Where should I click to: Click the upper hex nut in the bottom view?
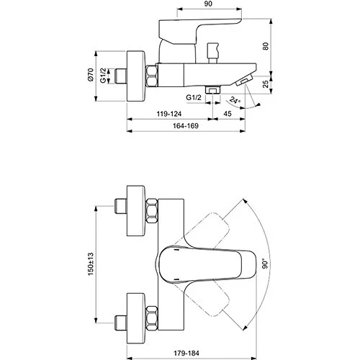[152, 212]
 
